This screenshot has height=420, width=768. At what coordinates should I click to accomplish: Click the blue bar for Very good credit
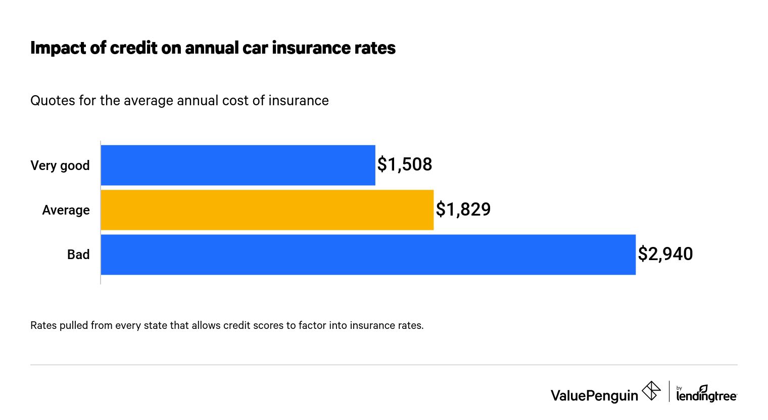coord(237,165)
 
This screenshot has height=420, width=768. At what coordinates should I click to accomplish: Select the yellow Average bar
coord(267,210)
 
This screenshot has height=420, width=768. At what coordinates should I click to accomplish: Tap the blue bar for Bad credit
coord(368,255)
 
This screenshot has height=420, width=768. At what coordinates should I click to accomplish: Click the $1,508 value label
coord(405,165)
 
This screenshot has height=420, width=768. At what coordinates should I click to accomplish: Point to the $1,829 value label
coord(463,209)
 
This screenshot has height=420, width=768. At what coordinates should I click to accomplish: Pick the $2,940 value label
coord(665,254)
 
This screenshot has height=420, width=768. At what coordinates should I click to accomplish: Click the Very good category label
coord(60,166)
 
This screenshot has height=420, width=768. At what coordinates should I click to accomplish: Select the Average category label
coord(66,210)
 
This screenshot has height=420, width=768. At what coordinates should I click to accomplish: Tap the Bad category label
coord(78,255)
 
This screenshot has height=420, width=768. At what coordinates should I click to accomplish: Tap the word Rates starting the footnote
coord(43,325)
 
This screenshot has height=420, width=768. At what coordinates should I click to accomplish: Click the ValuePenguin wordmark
coord(594,395)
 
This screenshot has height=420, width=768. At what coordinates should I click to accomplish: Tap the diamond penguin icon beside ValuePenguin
coord(651,391)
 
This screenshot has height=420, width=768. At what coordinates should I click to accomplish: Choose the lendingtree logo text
coord(706,396)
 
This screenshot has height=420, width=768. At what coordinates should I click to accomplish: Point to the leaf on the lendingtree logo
coord(703,389)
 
